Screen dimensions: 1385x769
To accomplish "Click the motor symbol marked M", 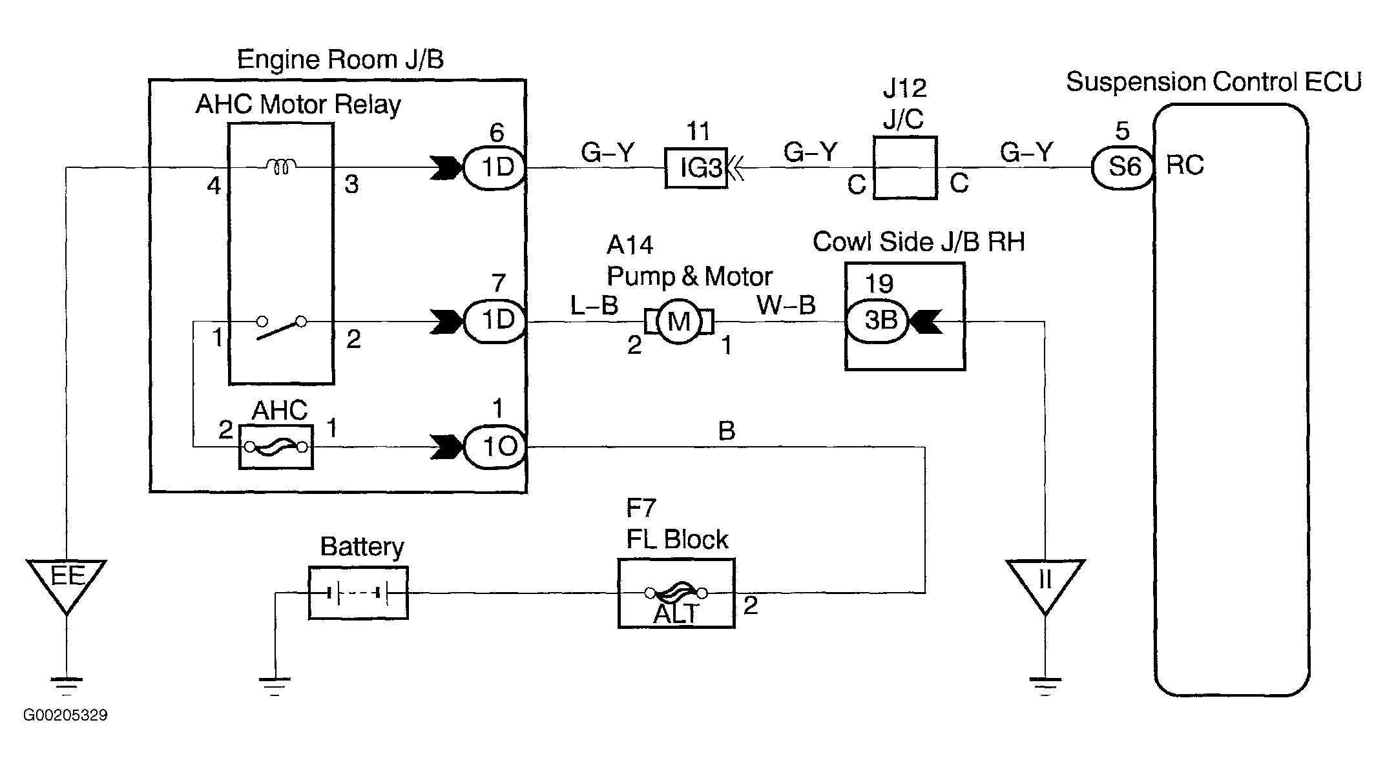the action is (x=679, y=322).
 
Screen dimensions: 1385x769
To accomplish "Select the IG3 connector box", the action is (x=696, y=169).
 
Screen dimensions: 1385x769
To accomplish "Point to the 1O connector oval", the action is (x=495, y=447).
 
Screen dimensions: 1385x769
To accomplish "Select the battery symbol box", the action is (x=358, y=593).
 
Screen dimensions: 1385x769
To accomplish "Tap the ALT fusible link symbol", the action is (x=676, y=593).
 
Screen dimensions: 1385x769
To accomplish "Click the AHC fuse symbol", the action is (x=276, y=447).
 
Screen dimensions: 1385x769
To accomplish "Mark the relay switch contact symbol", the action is (x=281, y=327).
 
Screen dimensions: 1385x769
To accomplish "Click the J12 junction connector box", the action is (x=904, y=168).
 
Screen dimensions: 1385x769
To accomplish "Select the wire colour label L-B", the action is (x=594, y=305).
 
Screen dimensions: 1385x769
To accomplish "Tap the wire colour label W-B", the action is (x=786, y=305).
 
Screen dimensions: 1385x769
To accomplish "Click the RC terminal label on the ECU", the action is (x=1185, y=166).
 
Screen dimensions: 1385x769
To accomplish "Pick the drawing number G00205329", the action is (x=65, y=716).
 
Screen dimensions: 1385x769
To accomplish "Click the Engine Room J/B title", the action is (x=340, y=59).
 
